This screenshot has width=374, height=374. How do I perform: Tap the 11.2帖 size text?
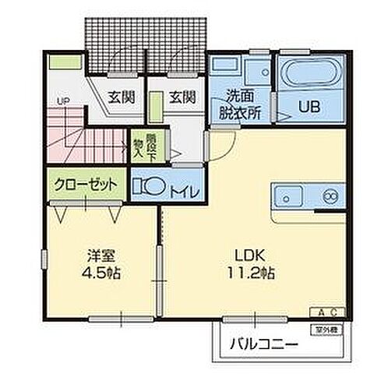tap(249, 273)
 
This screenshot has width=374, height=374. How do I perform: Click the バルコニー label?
tap(263, 344)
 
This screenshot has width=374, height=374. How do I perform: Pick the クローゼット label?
tap(87, 185)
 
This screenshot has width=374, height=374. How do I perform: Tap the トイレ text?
tap(185, 189)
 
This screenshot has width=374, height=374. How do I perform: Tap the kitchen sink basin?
tap(288, 195)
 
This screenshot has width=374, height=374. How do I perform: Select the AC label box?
tap(328, 312)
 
